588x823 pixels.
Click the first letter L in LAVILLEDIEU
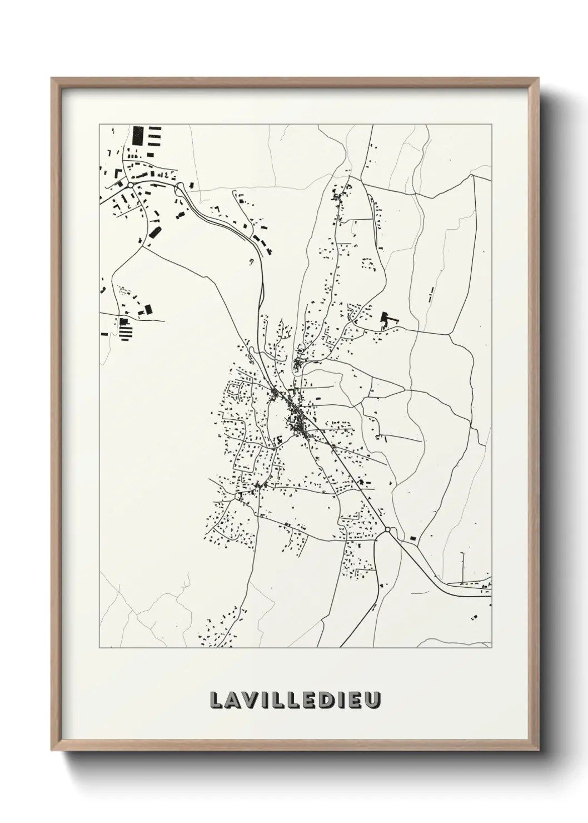coord(216,701)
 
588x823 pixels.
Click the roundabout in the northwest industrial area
coord(129,185)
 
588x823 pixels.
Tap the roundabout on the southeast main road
coord(387,530)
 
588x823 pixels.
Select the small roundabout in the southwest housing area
coord(238,496)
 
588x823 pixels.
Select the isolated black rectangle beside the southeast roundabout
coord(413,538)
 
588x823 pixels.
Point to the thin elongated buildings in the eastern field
coord(431,294)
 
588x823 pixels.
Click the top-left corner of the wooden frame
coord(52,78)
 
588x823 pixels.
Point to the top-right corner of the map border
coord(492,125)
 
